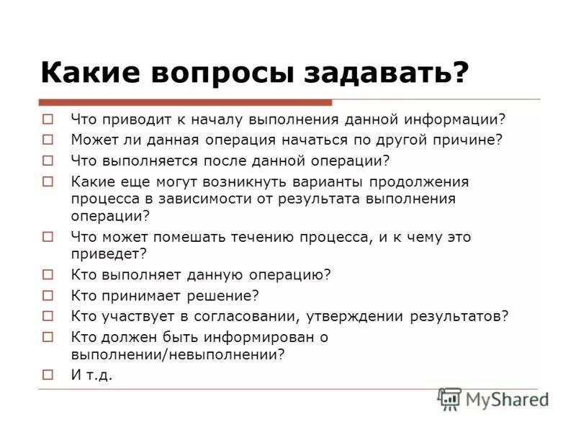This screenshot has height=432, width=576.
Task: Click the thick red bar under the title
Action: [185, 103]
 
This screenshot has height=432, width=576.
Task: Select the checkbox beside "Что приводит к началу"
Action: [48, 120]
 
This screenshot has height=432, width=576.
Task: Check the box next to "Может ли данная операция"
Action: [48, 140]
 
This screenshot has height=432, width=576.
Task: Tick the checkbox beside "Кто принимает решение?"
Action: [48, 295]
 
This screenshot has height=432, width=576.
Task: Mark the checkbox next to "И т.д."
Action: [48, 374]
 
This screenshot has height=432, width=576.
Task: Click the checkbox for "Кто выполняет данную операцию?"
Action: [48, 275]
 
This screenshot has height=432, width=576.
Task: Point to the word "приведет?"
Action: [109, 254]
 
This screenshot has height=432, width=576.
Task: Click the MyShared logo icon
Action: [449, 398]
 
